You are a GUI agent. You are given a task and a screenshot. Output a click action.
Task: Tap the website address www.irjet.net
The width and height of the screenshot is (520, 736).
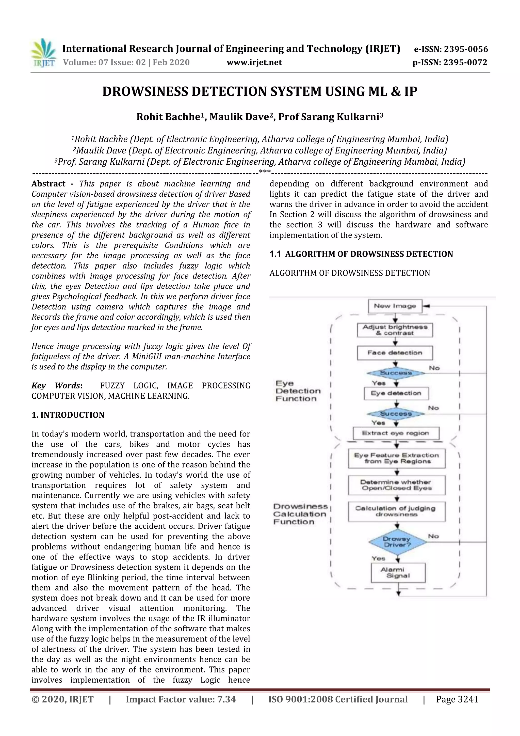254,62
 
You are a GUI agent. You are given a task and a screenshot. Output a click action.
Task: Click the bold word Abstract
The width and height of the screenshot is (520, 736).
48,184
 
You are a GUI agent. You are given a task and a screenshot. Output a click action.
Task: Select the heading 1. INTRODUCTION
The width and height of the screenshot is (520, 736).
68,415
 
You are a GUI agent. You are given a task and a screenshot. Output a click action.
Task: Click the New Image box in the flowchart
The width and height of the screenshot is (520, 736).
395,306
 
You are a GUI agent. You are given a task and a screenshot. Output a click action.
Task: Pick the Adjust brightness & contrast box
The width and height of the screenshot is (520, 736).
395,330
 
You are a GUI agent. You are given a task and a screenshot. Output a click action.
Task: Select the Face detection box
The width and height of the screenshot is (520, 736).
395,353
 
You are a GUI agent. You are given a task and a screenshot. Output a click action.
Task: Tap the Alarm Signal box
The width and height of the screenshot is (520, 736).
398,573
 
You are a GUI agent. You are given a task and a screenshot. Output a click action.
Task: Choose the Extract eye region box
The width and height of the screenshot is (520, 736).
396,433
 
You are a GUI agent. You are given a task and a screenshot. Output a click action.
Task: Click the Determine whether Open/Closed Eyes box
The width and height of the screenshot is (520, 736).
397,485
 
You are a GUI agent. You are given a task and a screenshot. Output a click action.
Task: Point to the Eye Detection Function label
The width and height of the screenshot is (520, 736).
298,391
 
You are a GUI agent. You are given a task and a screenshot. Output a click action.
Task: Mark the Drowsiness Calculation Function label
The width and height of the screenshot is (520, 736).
300,514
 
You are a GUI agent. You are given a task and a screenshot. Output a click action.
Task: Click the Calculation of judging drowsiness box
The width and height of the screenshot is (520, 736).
397,511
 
